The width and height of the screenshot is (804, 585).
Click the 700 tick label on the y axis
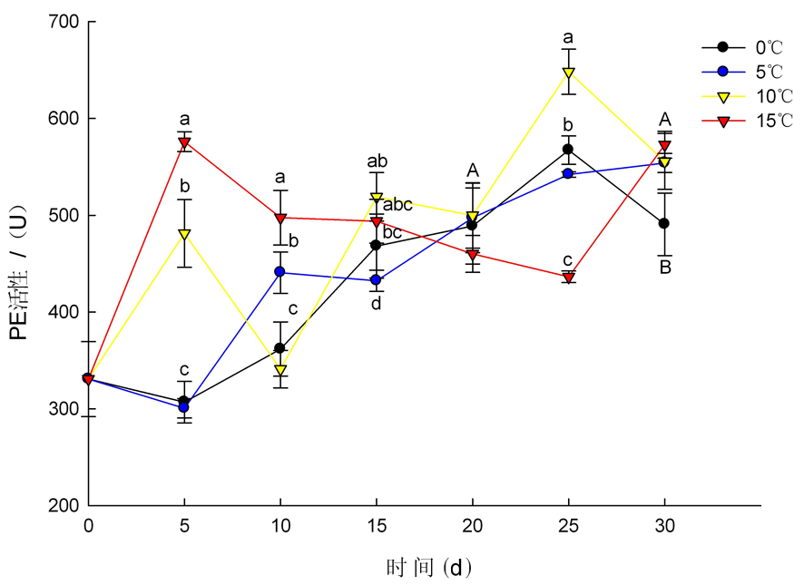pos(63,22)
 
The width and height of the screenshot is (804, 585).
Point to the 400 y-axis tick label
pos(63,312)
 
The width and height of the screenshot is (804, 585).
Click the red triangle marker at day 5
pos(185,142)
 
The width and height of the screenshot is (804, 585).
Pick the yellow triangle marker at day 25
pos(568,73)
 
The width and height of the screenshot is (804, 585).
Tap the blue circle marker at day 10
pos(280,272)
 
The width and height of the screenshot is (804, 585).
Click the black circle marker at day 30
pos(664,223)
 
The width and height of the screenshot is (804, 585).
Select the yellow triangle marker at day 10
pos(280,370)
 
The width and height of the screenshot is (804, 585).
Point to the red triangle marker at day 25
pos(568,278)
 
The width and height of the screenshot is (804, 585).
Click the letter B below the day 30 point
pos(665,268)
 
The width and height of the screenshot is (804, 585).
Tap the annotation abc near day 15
pos(398,205)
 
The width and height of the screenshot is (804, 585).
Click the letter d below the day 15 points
pos(376,304)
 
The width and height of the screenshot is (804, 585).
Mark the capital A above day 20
pos(472,170)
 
